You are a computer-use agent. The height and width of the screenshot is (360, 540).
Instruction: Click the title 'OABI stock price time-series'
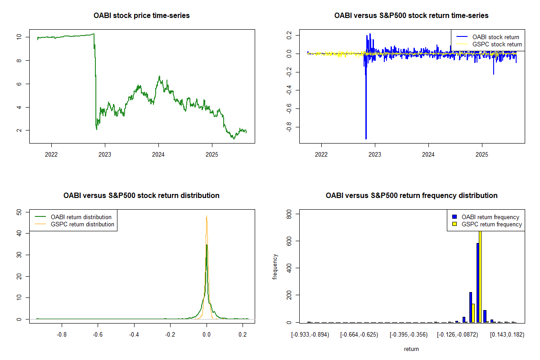142,16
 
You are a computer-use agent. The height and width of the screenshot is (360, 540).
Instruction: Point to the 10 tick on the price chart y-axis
18,37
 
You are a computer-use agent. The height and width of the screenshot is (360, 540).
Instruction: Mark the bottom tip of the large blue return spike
366,139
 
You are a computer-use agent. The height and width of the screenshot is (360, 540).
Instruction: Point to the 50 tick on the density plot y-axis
18,211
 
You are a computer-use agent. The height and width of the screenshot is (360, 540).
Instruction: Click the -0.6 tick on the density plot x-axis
98,335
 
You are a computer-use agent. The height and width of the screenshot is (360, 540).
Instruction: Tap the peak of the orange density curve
207,216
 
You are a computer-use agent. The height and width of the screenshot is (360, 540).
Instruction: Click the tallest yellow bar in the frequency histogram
480,276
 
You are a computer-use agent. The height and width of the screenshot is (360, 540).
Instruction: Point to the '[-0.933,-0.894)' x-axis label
310,335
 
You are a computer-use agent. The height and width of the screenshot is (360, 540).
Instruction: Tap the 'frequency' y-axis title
275,267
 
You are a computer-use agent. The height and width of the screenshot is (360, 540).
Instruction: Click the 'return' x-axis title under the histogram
411,349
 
